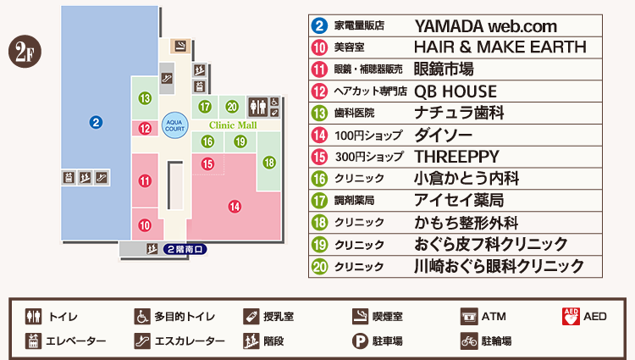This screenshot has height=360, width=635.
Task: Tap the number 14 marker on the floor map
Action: pos(235,205)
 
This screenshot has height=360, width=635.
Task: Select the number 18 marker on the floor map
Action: pos(269,163)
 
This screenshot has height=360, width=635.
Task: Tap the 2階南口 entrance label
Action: pos(185,249)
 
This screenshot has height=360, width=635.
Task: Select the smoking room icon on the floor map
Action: pos(179,46)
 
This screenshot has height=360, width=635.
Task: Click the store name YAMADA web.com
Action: pos(473,26)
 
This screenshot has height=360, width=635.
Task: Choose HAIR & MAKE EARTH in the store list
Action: pos(500,47)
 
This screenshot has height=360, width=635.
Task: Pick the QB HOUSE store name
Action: pos(456,91)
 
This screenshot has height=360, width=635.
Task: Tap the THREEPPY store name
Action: pos(456,157)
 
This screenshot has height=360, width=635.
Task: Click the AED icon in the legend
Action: pos(571,318)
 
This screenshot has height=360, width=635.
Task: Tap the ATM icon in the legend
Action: pos(468,318)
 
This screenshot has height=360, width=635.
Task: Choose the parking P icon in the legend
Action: pos(359,341)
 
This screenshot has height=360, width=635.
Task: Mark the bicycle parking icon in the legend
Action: pos(468,341)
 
